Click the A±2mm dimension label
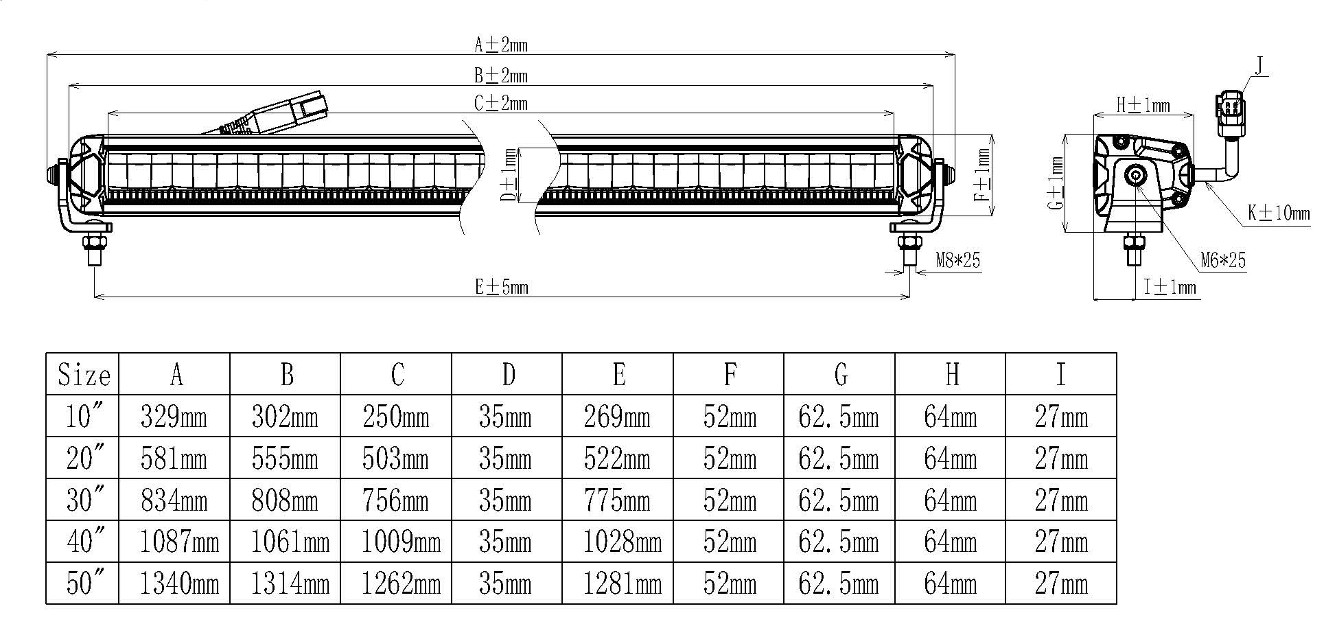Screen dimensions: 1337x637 501,45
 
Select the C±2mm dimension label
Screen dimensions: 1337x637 501,103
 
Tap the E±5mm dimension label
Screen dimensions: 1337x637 502,287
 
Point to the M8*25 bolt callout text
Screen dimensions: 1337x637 958,260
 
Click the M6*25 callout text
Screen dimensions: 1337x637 1223,260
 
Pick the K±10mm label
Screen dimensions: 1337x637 1279,213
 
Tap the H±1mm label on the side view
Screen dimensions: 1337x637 1143,105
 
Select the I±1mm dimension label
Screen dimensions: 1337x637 1170,287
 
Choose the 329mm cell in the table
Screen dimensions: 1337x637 174,417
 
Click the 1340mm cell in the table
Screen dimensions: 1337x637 179,583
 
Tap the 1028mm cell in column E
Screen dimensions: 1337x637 623,542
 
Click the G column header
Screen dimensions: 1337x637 840,375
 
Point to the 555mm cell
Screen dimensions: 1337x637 285,459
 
